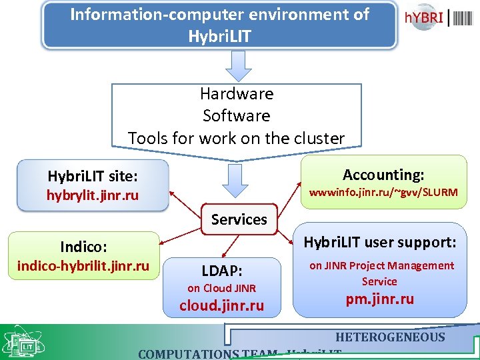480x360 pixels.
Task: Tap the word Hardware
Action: coord(237,94)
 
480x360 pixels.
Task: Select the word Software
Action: coord(237,116)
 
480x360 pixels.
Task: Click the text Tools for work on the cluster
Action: coord(237,138)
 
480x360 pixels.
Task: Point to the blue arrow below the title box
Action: coord(238,66)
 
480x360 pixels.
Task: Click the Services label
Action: coord(239,219)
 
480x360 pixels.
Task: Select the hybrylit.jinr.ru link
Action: coord(93,195)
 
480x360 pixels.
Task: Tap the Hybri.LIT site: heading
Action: coord(93,177)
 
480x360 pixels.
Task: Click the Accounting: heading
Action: coord(383,175)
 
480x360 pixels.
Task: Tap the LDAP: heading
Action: coord(222,271)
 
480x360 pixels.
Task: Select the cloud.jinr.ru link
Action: coord(222,306)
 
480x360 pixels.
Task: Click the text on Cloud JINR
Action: coord(222,288)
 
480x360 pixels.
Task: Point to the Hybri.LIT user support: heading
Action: coord(380,243)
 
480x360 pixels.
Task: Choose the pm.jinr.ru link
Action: coord(379,299)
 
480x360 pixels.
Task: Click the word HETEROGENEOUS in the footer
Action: coord(390,337)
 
